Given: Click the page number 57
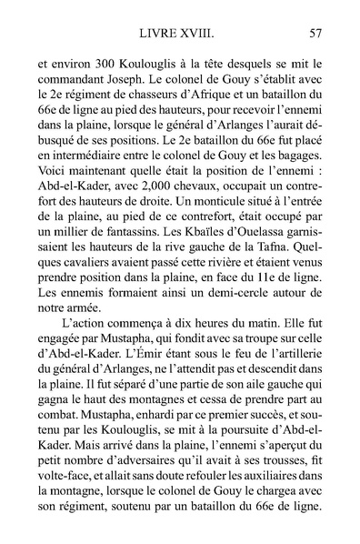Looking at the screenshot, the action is pyautogui.click(x=315, y=35).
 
